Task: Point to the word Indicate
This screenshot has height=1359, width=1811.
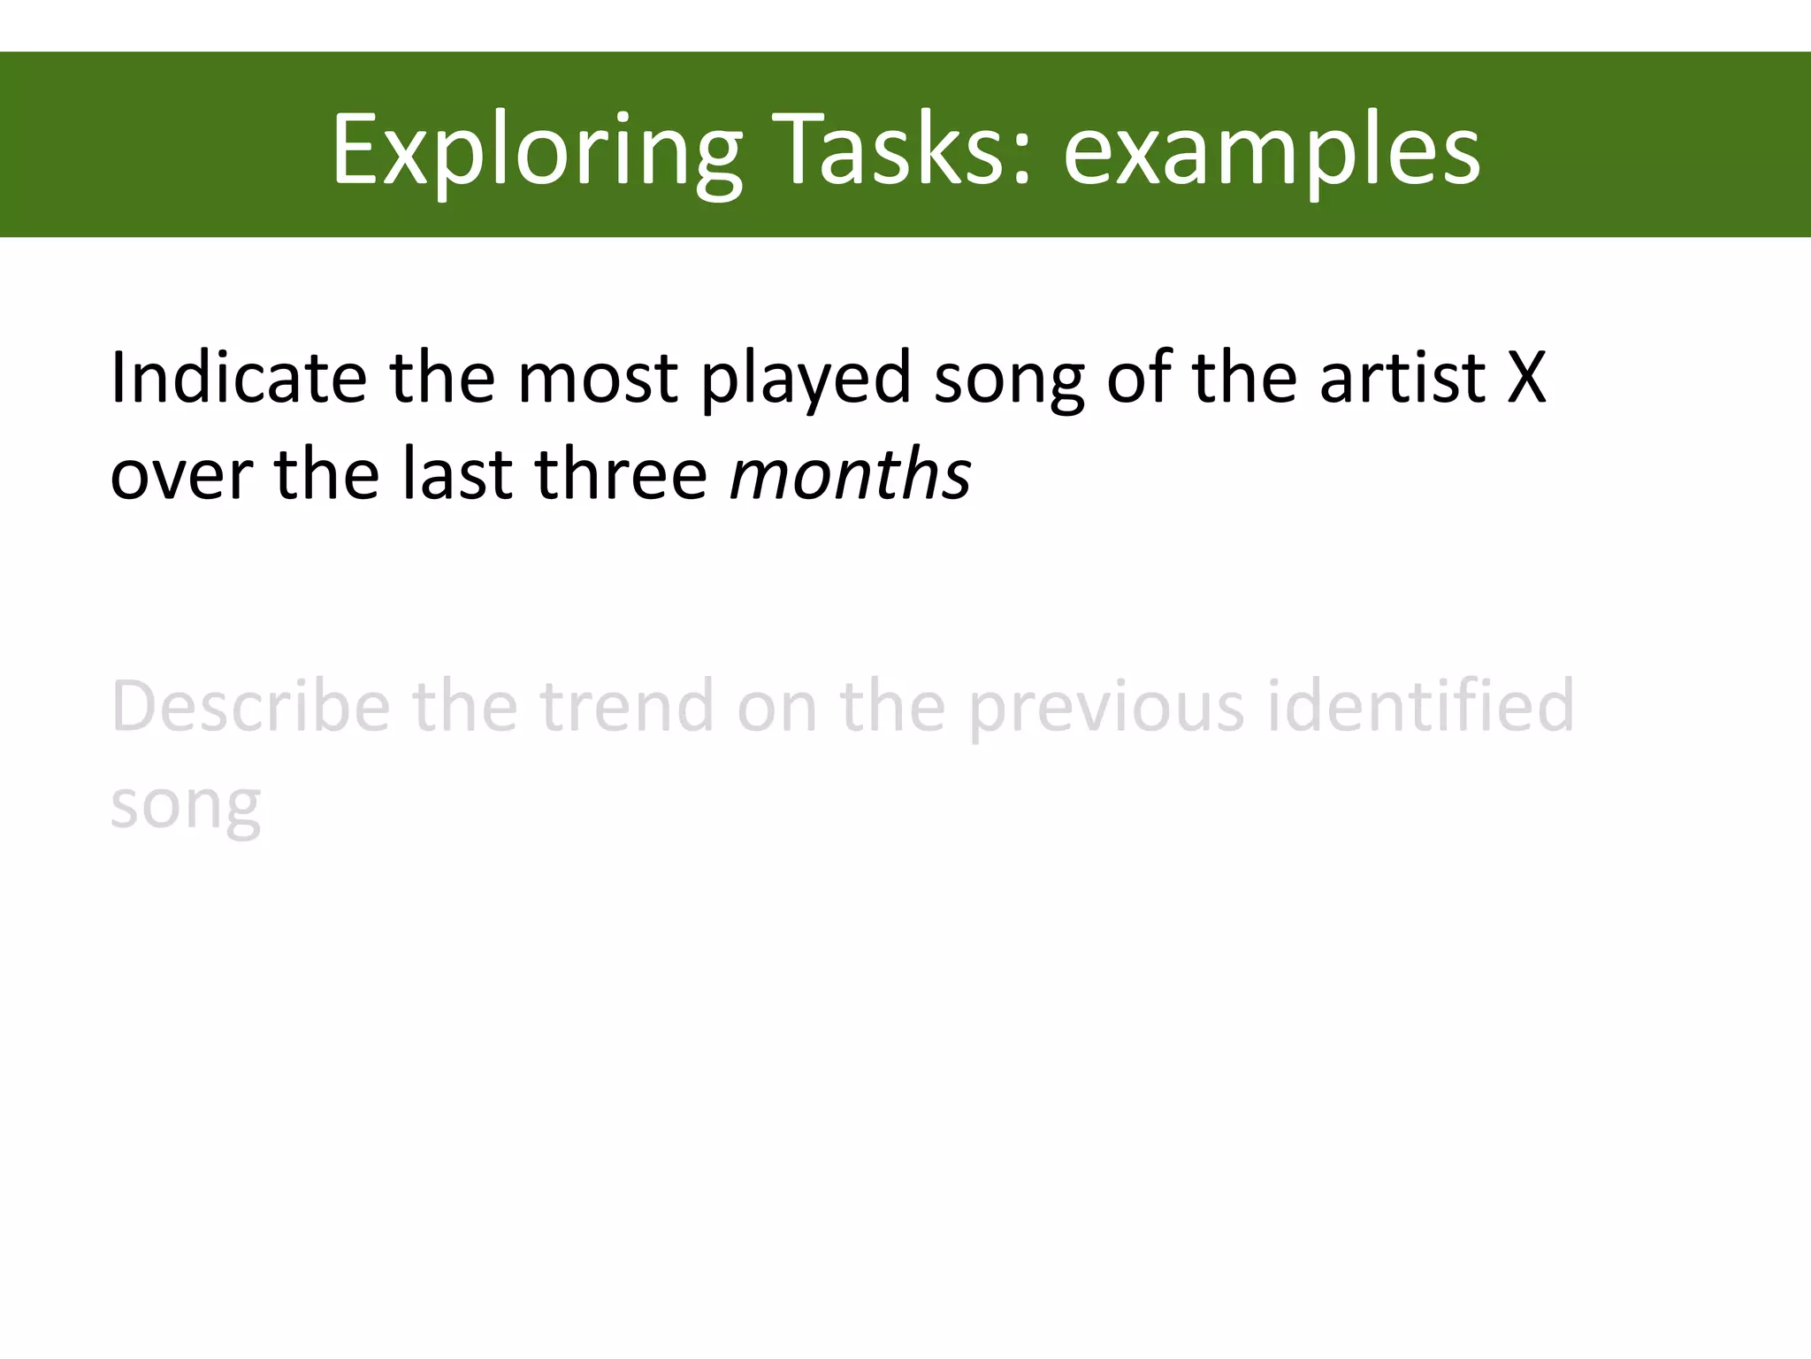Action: tap(238, 378)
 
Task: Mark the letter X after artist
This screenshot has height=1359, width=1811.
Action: tap(1526, 378)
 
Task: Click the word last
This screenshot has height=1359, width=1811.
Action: tap(457, 474)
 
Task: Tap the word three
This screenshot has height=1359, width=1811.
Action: tap(621, 474)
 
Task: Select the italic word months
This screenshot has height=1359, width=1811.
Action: tap(850, 474)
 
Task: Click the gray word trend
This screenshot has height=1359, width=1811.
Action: tap(627, 707)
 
